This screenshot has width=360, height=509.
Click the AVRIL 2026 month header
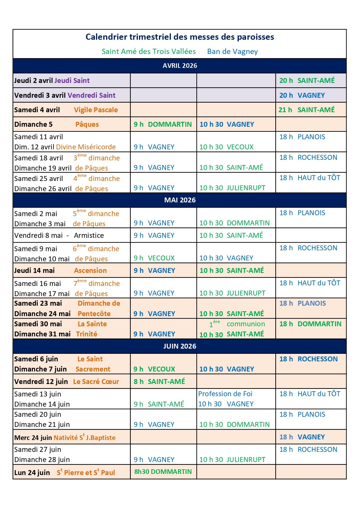(x=180, y=66)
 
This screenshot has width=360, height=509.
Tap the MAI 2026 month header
(x=180, y=200)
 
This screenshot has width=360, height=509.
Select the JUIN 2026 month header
(x=180, y=346)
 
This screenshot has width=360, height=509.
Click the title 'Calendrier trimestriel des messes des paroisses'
(x=180, y=37)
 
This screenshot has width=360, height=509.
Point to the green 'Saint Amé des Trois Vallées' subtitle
(x=149, y=52)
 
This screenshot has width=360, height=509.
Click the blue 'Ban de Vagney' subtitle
(x=232, y=52)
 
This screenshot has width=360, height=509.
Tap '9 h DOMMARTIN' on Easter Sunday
(x=163, y=124)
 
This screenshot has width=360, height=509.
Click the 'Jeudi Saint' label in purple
(x=72, y=81)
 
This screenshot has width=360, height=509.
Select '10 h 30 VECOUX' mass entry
(x=226, y=147)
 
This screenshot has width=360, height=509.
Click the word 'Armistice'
(x=89, y=236)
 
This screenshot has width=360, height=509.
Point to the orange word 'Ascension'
(x=90, y=271)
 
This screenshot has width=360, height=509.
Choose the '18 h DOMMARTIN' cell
(x=310, y=324)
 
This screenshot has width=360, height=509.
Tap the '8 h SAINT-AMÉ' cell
(x=159, y=382)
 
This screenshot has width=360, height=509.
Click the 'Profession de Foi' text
(x=225, y=394)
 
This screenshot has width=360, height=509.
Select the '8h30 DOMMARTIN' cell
(x=163, y=472)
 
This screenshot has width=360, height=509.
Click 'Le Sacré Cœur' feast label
(x=96, y=382)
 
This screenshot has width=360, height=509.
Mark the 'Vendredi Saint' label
(x=91, y=95)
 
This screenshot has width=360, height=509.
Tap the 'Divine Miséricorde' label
(x=86, y=147)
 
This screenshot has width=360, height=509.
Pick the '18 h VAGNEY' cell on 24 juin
(x=302, y=437)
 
